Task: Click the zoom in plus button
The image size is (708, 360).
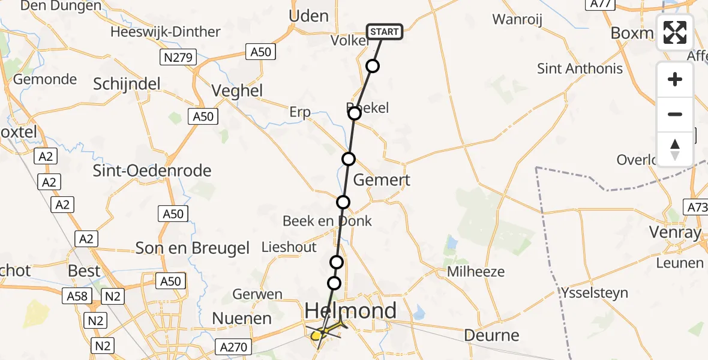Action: click(675, 79)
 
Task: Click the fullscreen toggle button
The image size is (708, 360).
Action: click(675, 32)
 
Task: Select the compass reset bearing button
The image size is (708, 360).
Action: click(675, 149)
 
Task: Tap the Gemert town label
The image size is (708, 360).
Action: click(382, 180)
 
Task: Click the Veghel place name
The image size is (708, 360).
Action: click(238, 91)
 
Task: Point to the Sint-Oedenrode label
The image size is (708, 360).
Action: click(152, 171)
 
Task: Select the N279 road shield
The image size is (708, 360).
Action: click(176, 58)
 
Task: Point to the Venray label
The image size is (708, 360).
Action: click(675, 232)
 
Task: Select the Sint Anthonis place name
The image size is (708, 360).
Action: click(580, 68)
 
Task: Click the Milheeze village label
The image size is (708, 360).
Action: click(476, 272)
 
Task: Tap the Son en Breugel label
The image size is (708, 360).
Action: click(193, 248)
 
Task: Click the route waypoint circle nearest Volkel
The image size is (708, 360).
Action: click(373, 66)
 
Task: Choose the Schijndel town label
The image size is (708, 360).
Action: click(127, 84)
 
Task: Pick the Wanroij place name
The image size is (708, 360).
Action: click(517, 20)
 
